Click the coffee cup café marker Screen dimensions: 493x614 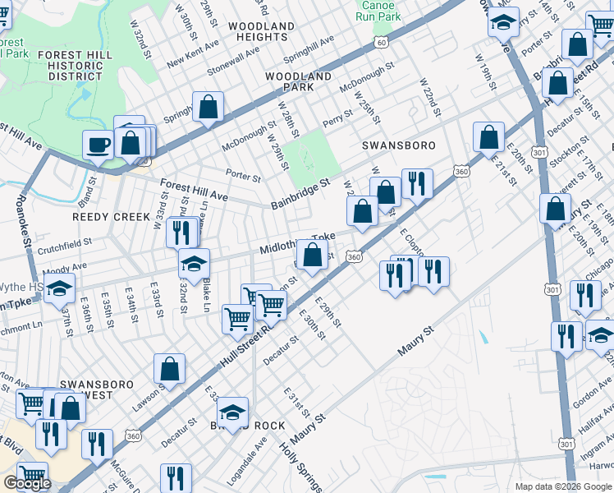coord(99,145)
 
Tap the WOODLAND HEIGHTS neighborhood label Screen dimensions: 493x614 coord(261,32)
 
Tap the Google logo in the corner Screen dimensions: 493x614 coord(27,483)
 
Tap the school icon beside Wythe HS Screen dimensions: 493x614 coord(59,288)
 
